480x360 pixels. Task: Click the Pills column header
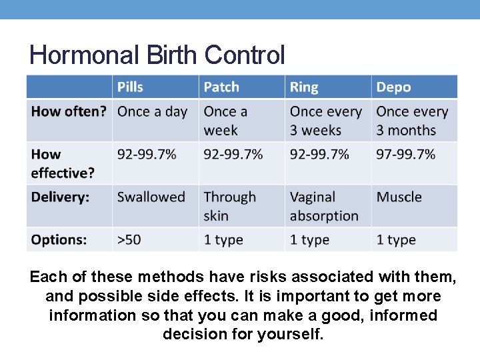(x=131, y=87)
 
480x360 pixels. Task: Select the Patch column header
(x=221, y=87)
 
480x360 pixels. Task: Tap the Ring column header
(x=304, y=87)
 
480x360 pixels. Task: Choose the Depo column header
(x=393, y=87)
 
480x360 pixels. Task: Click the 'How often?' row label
(x=69, y=112)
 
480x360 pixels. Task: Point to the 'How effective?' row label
(x=63, y=163)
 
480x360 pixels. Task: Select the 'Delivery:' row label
(x=60, y=197)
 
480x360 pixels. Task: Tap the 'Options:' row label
(x=59, y=240)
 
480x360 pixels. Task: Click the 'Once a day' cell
(x=152, y=112)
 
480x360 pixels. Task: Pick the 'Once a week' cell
(x=225, y=121)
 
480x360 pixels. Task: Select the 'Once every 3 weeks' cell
(x=325, y=121)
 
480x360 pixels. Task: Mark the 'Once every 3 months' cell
(x=411, y=121)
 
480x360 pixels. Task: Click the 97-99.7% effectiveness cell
(x=405, y=155)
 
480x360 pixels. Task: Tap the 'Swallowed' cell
(x=151, y=197)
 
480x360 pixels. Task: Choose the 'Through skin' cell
(x=229, y=206)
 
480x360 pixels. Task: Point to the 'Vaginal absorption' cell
(x=324, y=206)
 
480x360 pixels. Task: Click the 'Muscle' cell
(x=399, y=197)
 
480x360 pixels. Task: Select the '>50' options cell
(x=129, y=240)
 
